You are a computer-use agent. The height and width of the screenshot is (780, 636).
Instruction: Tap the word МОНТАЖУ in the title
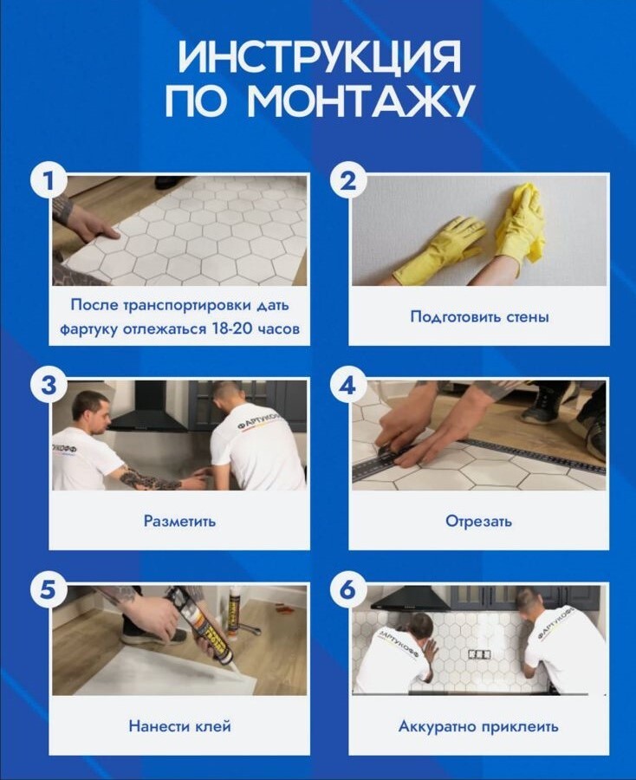click(360, 101)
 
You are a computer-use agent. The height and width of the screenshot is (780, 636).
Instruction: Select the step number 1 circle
click(49, 180)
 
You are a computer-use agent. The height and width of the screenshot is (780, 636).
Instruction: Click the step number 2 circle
click(347, 180)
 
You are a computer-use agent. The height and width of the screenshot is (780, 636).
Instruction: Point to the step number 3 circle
click(49, 386)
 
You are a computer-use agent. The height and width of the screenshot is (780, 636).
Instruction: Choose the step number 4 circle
click(347, 386)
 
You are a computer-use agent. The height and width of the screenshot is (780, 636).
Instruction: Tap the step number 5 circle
click(49, 590)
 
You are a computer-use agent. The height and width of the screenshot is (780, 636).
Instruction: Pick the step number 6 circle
click(347, 590)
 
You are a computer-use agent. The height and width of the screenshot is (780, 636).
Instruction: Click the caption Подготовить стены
click(479, 317)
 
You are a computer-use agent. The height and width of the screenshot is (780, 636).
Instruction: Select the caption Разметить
click(179, 522)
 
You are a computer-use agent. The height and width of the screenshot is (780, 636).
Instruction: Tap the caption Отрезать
click(478, 522)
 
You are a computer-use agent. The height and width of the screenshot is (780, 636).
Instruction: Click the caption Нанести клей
click(179, 726)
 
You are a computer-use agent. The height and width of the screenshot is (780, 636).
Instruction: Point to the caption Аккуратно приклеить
click(478, 727)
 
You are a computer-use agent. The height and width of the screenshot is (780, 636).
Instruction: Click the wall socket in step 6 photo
click(479, 654)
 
